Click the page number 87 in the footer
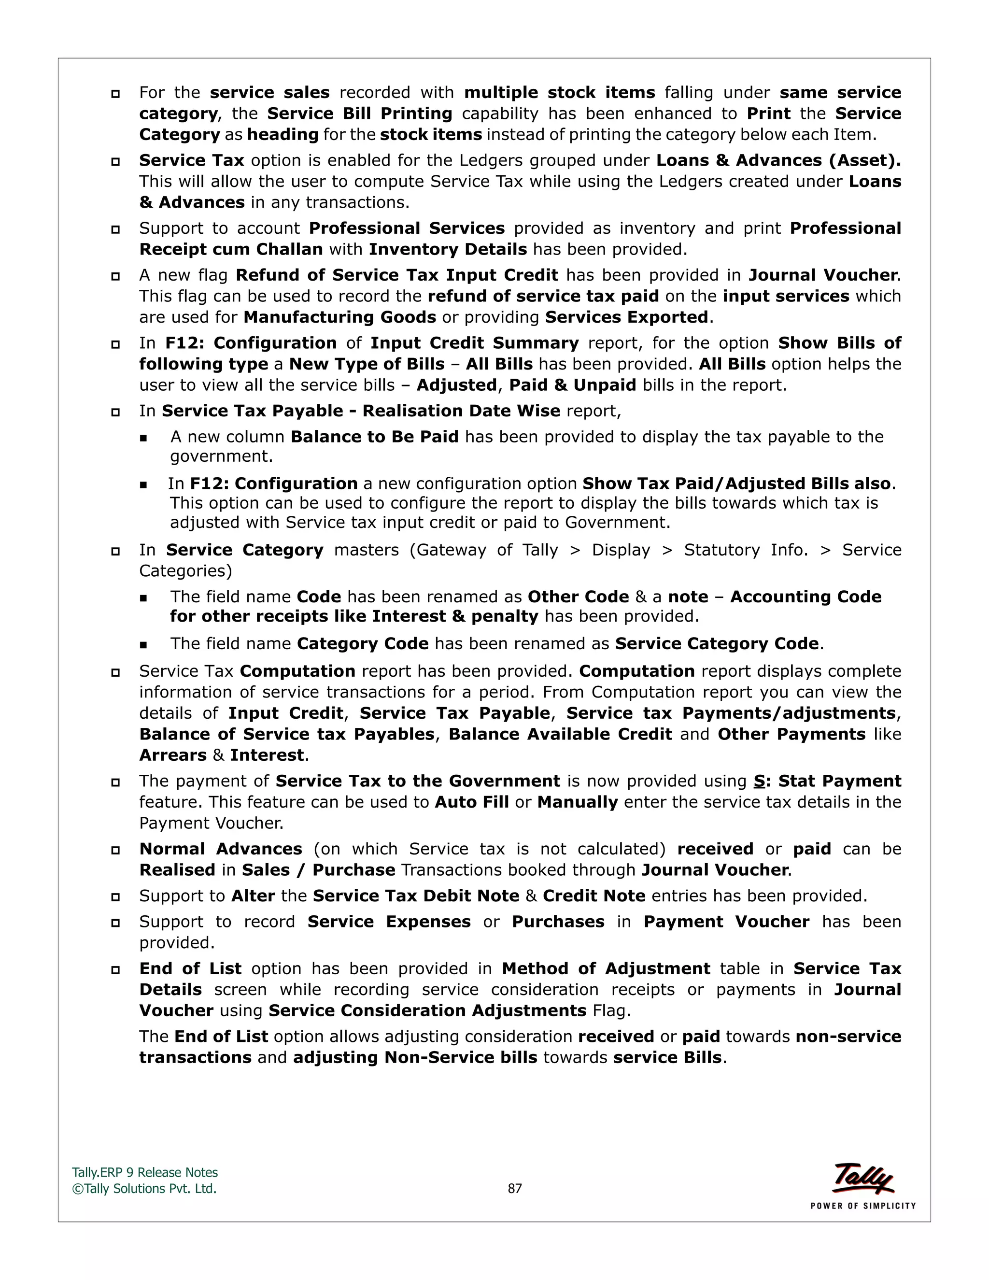[514, 1189]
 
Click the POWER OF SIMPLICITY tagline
[862, 1206]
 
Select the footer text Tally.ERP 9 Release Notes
[145, 1173]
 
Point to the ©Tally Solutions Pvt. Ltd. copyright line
[144, 1189]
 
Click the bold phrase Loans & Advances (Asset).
[778, 160]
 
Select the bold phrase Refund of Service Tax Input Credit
[396, 275]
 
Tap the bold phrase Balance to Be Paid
[374, 437]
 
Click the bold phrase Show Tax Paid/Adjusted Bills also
[736, 484]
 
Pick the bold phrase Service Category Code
[717, 643]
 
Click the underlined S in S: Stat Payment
[759, 781]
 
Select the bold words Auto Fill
[472, 802]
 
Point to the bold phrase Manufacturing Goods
[340, 317]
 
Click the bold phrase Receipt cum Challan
[231, 250]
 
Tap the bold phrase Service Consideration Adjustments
[427, 1011]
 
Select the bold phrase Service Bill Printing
[360, 114]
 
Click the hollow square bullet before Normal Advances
[115, 850]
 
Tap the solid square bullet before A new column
[143, 438]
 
